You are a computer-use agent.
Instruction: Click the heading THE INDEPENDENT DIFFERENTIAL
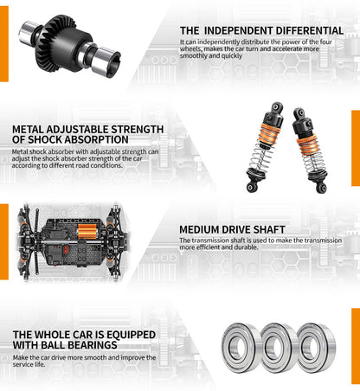(x=261, y=30)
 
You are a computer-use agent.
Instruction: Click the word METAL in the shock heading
(x=29, y=129)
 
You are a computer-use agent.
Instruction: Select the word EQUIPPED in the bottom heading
(x=122, y=335)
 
